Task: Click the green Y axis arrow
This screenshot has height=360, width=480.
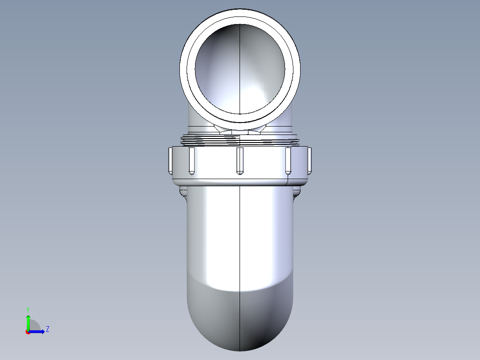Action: pyautogui.click(x=28, y=321)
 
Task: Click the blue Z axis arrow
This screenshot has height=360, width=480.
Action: pyautogui.click(x=38, y=331)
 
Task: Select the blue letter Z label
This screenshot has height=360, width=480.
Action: pyautogui.click(x=47, y=329)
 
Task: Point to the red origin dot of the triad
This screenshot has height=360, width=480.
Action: pyautogui.click(x=28, y=332)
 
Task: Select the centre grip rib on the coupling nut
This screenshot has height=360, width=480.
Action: pyautogui.click(x=240, y=160)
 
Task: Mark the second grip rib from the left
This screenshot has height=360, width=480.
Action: pyautogui.click(x=191, y=160)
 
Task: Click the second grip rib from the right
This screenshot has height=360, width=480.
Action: pyautogui.click(x=288, y=160)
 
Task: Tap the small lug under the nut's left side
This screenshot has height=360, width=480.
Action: pyautogui.click(x=183, y=192)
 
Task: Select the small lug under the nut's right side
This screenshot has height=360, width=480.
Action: pyautogui.click(x=297, y=192)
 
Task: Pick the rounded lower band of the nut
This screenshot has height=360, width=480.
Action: pyautogui.click(x=240, y=182)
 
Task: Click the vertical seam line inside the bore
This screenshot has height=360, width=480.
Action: pyautogui.click(x=240, y=67)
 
